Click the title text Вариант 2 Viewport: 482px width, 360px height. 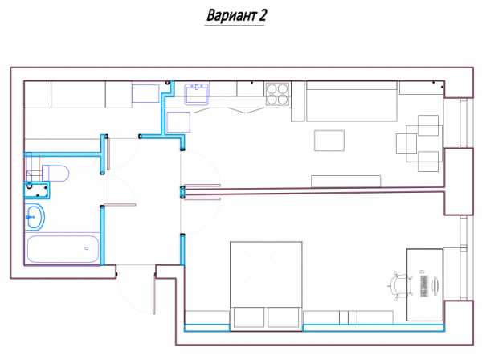pyautogui.click(x=236, y=15)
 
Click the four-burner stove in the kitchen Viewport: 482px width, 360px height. pyautogui.click(x=277, y=94)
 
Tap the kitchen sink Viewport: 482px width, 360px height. pyautogui.click(x=197, y=94)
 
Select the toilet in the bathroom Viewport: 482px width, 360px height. pyautogui.click(x=55, y=173)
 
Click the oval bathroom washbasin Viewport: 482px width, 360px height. pyautogui.click(x=35, y=217)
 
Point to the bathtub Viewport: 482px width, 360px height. pyautogui.click(x=63, y=249)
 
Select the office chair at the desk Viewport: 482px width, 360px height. pyautogui.click(x=400, y=285)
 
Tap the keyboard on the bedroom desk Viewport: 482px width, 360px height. pyautogui.click(x=424, y=285)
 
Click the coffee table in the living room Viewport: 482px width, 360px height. pyautogui.click(x=329, y=141)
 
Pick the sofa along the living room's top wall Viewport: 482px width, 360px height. pyautogui.click(x=352, y=101)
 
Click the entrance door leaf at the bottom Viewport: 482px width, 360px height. pyautogui.click(x=154, y=295)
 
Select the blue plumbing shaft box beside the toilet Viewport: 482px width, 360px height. pyautogui.click(x=37, y=190)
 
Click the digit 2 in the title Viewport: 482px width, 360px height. pyautogui.click(x=262, y=15)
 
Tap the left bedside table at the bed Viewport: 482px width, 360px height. pyautogui.click(x=249, y=317)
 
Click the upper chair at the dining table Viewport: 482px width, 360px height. pyautogui.click(x=428, y=125)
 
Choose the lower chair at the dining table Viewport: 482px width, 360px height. pyautogui.click(x=428, y=162)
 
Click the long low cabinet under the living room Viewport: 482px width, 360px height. pyautogui.click(x=345, y=181)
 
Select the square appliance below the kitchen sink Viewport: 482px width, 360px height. pyautogui.click(x=178, y=122)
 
